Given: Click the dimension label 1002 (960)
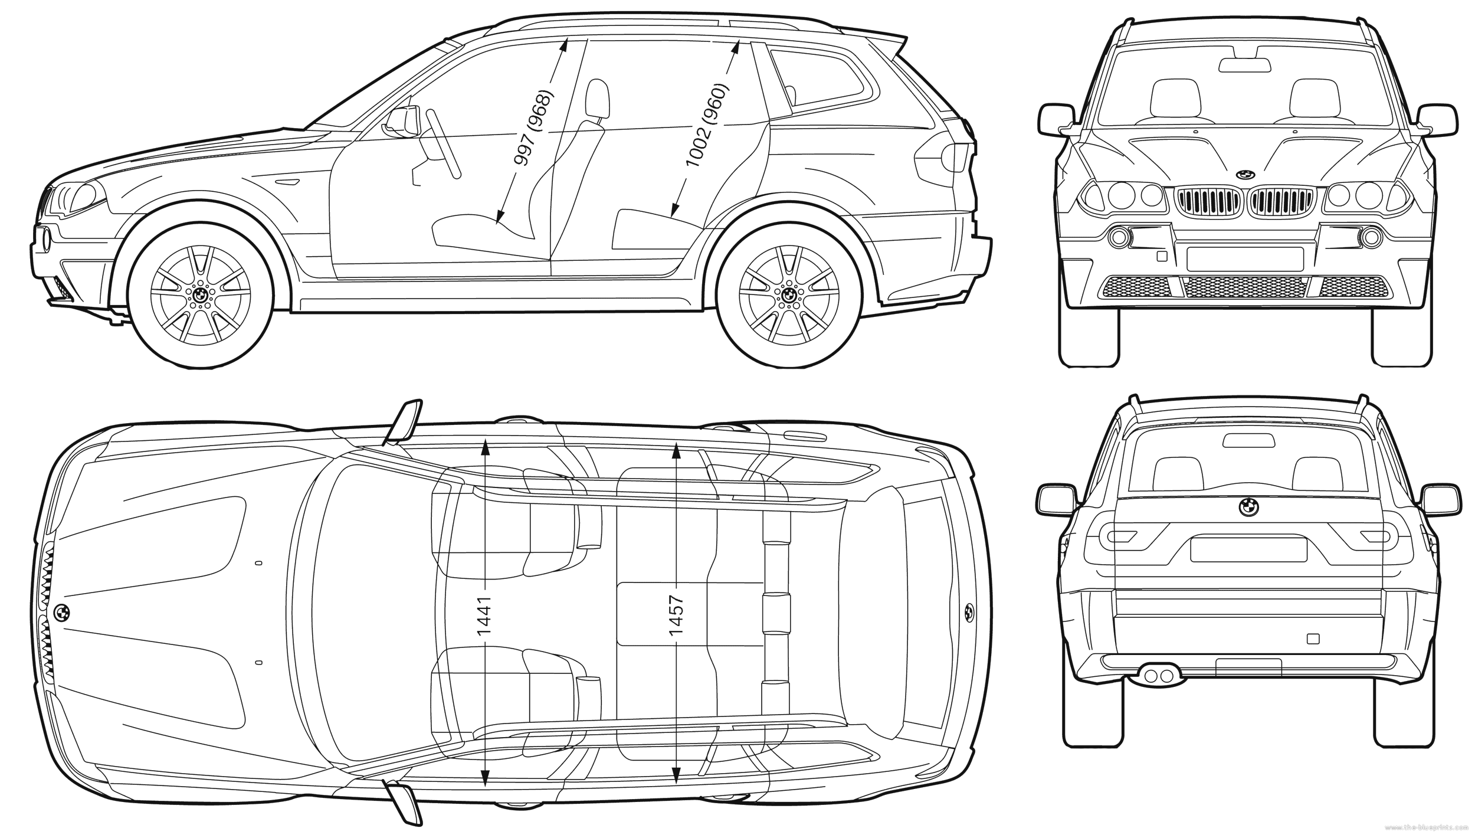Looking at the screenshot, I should [707, 125].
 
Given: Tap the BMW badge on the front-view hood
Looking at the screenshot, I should [1245, 175].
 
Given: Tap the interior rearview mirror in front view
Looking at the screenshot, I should [1245, 66].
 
